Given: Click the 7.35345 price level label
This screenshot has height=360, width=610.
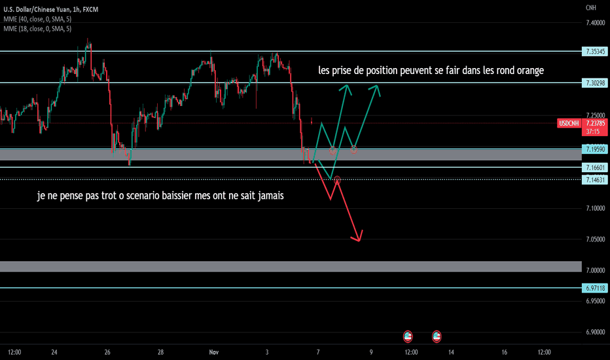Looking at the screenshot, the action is pyautogui.click(x=594, y=51).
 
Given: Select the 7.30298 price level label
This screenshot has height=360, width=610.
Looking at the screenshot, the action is pyautogui.click(x=594, y=83).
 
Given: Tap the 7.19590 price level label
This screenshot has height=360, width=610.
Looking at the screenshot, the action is pyautogui.click(x=594, y=149).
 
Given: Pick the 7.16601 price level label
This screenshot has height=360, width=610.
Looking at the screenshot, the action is pyautogui.click(x=594, y=168).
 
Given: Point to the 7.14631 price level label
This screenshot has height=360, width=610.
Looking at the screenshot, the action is pyautogui.click(x=594, y=180).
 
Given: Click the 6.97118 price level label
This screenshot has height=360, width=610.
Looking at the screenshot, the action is pyautogui.click(x=594, y=288).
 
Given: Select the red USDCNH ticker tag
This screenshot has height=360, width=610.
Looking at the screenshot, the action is pyautogui.click(x=569, y=123).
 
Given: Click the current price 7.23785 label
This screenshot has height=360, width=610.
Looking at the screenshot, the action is pyautogui.click(x=595, y=123).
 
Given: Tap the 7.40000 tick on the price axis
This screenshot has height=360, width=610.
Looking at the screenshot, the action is pyautogui.click(x=595, y=23).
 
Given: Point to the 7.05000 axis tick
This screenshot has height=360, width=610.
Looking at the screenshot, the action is pyautogui.click(x=595, y=240).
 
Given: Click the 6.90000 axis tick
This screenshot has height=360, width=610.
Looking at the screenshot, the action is pyautogui.click(x=595, y=332).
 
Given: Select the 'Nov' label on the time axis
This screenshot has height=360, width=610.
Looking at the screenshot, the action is pyautogui.click(x=213, y=352).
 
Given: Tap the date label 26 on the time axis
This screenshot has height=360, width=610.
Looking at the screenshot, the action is pyautogui.click(x=107, y=352).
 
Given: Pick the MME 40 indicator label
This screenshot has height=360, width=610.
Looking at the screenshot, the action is pyautogui.click(x=37, y=19).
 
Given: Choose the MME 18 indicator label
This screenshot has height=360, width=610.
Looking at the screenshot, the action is pyautogui.click(x=37, y=29).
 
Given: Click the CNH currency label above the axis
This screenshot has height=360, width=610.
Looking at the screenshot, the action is pyautogui.click(x=591, y=8).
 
